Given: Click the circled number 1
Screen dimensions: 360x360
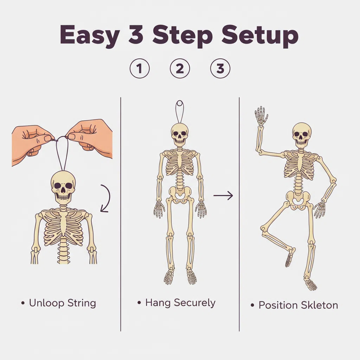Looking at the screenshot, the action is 140,69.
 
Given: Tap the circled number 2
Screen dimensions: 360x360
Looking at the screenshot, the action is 180,69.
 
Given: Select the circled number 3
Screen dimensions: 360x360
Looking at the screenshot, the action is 220,69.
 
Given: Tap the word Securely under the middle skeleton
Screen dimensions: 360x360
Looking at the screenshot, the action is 194,303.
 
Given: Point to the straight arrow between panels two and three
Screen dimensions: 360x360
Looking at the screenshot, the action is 223,195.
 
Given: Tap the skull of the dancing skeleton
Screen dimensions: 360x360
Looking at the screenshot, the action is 302,135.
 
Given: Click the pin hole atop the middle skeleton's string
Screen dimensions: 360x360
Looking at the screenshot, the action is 180,103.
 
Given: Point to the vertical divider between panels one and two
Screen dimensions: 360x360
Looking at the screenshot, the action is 121,214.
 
